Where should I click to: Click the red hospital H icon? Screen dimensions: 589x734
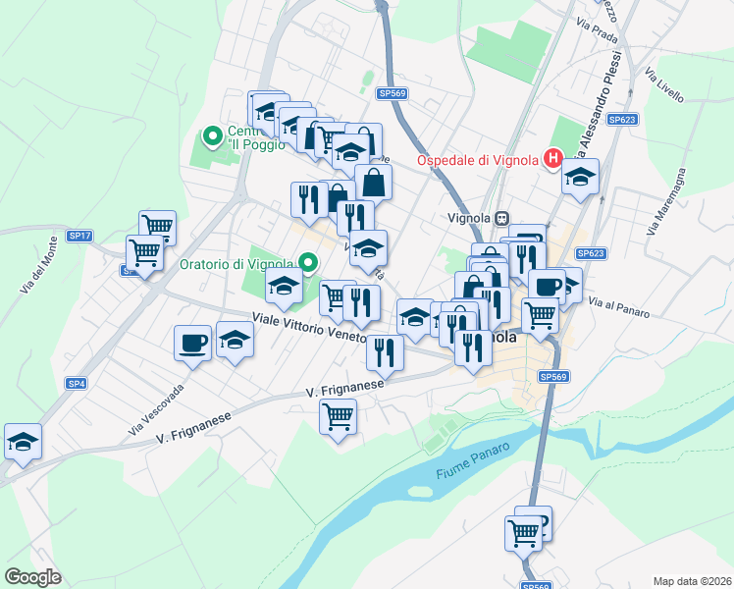click(x=552, y=157)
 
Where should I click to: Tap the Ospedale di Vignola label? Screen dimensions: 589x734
click(x=478, y=161)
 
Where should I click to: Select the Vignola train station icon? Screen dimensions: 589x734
click(x=502, y=218)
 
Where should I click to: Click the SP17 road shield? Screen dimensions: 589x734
click(x=79, y=236)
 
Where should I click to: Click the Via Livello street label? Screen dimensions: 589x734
click(x=664, y=85)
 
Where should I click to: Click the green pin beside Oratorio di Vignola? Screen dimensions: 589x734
click(x=308, y=262)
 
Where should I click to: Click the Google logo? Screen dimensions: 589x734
click(x=33, y=576)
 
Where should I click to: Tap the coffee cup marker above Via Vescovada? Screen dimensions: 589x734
click(x=191, y=343)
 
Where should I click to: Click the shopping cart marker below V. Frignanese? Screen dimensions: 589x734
click(x=338, y=416)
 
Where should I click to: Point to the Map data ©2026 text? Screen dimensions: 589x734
click(x=692, y=580)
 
